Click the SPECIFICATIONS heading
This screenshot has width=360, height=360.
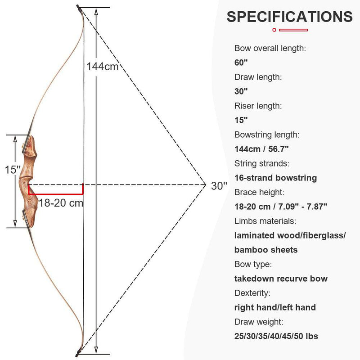pyautogui.click(x=289, y=17)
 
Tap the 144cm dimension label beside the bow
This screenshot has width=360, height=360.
pyautogui.click(x=103, y=67)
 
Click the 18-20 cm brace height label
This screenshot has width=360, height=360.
pyautogui.click(x=60, y=202)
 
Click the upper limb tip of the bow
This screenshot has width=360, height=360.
pyautogui.click(x=79, y=8)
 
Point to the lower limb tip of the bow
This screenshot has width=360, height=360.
pyautogui.click(x=78, y=351)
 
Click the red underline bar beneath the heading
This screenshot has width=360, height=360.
pyautogui.click(x=290, y=30)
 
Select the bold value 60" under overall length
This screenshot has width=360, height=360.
pyautogui.click(x=241, y=63)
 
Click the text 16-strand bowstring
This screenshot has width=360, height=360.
pyautogui.click(x=275, y=178)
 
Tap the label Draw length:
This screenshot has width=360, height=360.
pyautogui.click(x=258, y=77)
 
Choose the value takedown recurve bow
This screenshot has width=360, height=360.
pyautogui.click(x=281, y=279)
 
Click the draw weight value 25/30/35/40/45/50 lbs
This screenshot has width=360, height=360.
pyautogui.click(x=276, y=336)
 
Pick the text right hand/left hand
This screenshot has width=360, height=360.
pyautogui.click(x=275, y=307)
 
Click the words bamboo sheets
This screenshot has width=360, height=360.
pyautogui.click(x=265, y=250)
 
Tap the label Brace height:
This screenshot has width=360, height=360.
pyautogui.click(x=258, y=192)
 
